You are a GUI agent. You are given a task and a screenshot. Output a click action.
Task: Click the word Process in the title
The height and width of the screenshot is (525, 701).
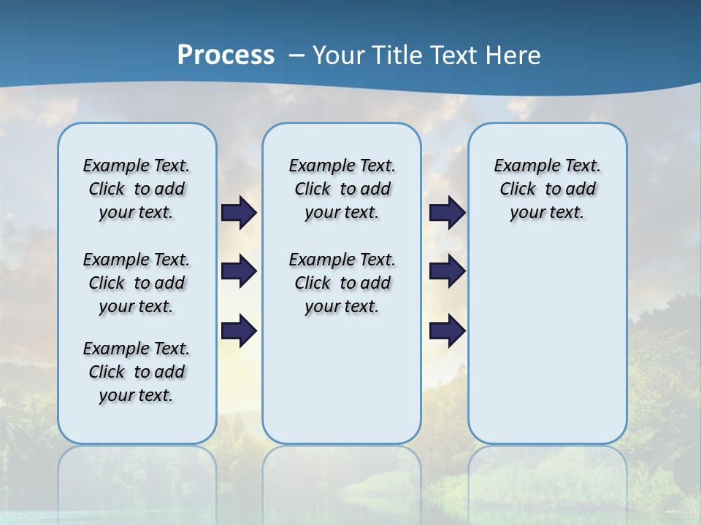(x=226, y=55)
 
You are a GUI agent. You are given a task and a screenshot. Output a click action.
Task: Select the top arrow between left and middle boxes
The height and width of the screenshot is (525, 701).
(x=239, y=212)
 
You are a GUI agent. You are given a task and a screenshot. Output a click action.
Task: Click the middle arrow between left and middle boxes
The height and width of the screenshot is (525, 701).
(x=239, y=271)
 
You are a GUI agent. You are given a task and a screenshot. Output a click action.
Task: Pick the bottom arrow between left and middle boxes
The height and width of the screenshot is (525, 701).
(x=239, y=331)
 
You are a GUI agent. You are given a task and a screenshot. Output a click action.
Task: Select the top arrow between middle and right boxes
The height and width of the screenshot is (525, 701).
(x=447, y=212)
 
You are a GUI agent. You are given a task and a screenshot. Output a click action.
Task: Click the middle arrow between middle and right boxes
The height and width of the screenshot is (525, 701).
(x=447, y=271)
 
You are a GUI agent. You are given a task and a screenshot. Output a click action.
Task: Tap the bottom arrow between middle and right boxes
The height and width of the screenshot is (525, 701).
(x=447, y=331)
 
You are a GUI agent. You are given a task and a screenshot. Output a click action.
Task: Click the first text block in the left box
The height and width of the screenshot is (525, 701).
(x=137, y=189)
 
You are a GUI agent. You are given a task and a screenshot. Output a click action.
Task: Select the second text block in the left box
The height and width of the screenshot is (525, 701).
(x=137, y=283)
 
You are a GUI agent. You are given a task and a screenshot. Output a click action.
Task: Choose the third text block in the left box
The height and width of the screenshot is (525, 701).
(x=137, y=372)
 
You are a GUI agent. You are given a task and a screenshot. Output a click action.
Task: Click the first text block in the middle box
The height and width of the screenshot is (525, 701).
(x=342, y=189)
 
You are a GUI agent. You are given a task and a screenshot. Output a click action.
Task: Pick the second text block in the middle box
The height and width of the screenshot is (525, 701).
(x=342, y=283)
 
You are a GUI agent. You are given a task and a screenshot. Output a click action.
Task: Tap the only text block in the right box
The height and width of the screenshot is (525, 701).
(x=548, y=189)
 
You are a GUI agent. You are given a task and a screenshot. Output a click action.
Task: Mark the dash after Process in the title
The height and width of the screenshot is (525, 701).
(x=296, y=55)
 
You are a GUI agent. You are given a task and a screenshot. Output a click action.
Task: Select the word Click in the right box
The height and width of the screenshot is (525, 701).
(x=518, y=190)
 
